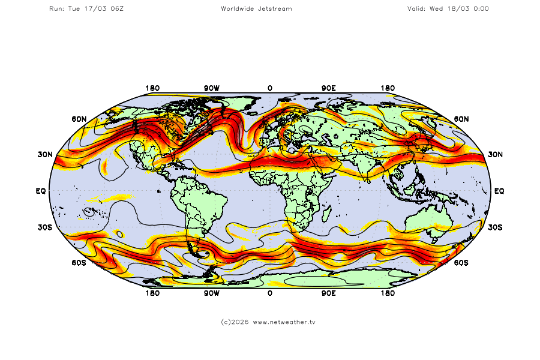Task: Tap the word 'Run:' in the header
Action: coord(56,8)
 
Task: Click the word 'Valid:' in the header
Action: coord(416,8)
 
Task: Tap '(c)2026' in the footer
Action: coord(235,322)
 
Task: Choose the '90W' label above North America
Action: coord(211,88)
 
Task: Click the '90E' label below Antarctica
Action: coord(328,293)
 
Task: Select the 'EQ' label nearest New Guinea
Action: coord(499,191)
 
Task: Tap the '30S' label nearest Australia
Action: coord(495,227)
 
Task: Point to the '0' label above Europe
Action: coord(270,88)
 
